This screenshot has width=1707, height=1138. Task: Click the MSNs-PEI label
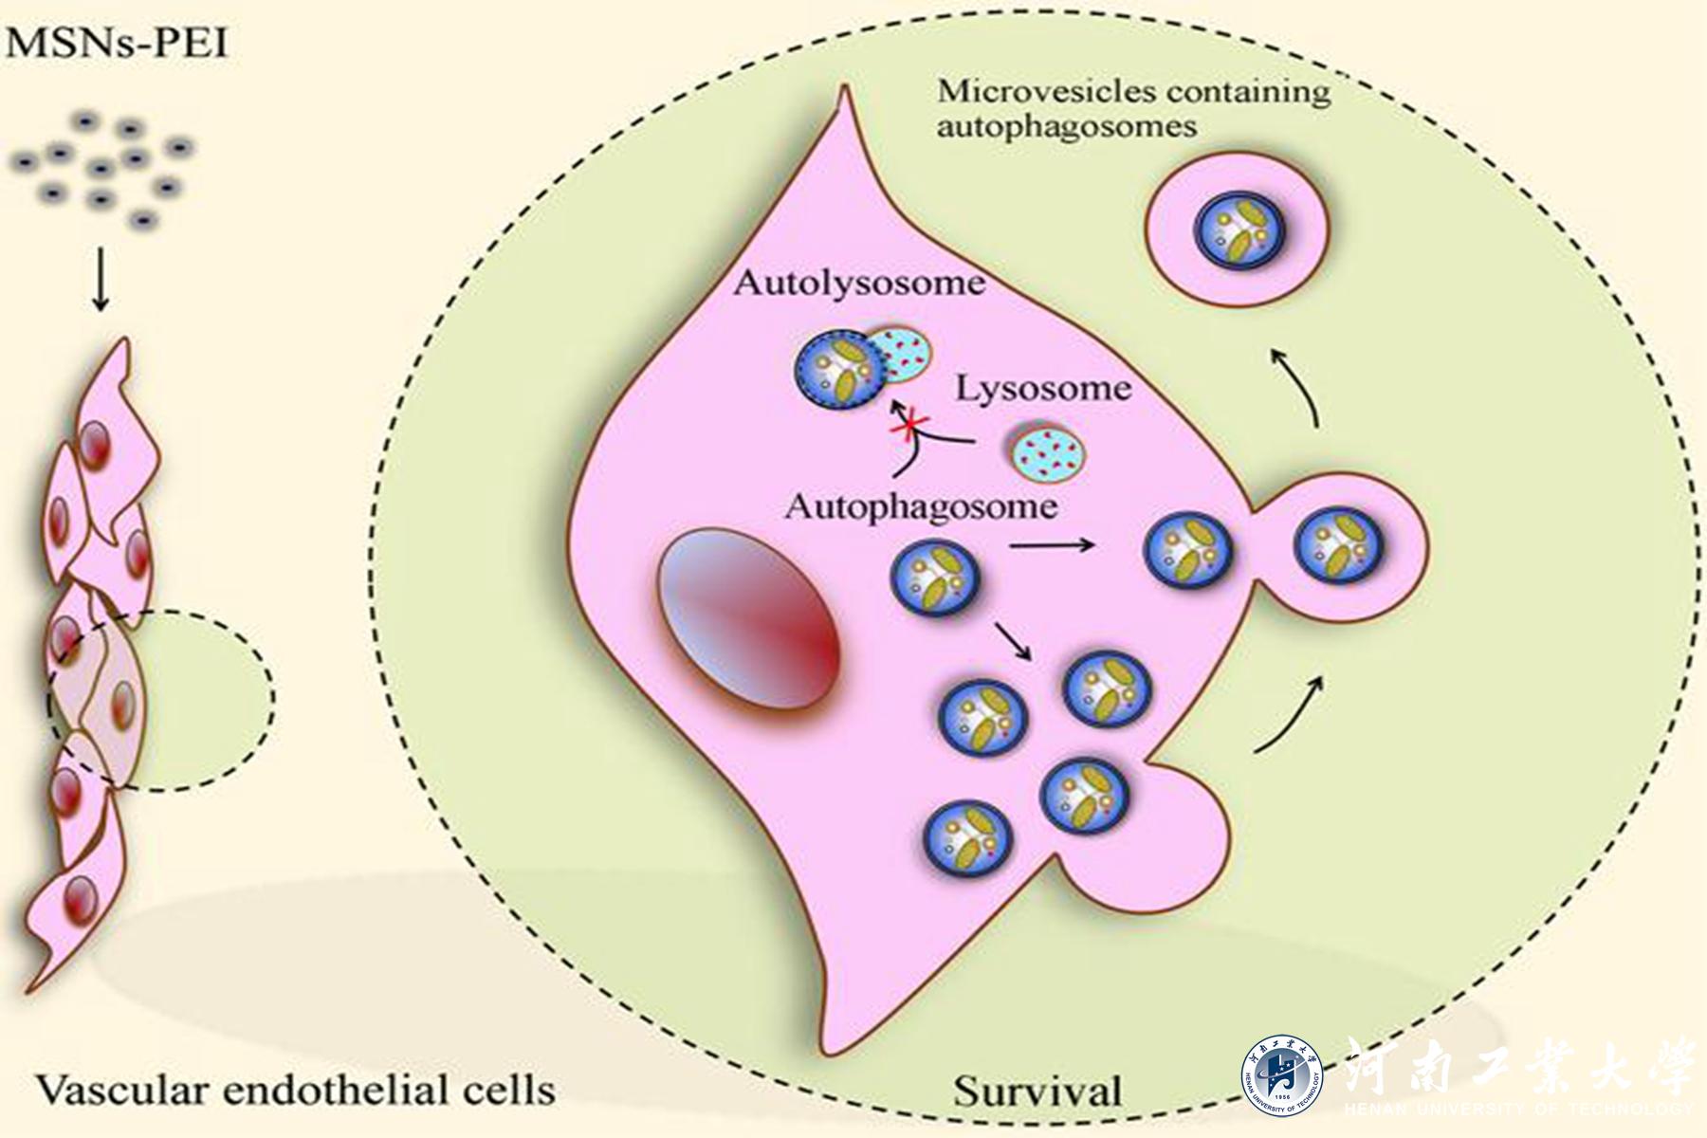click(117, 43)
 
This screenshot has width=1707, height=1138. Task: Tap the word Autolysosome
click(859, 283)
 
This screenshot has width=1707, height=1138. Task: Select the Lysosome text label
click(1043, 389)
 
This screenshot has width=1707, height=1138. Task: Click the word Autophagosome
click(921, 506)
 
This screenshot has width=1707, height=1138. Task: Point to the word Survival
click(1037, 1092)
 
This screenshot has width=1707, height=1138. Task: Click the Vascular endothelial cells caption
click(296, 1090)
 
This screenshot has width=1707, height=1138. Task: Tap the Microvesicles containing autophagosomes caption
click(1133, 109)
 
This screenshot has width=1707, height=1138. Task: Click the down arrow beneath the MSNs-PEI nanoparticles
click(101, 282)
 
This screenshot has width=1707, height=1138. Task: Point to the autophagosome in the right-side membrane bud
click(1339, 545)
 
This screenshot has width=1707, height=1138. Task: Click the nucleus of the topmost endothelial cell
click(94, 446)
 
